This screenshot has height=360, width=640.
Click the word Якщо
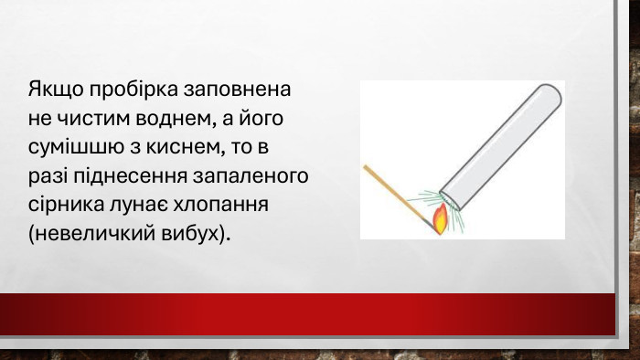coord(53,91)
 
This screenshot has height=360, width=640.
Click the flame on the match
coord(440,219)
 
